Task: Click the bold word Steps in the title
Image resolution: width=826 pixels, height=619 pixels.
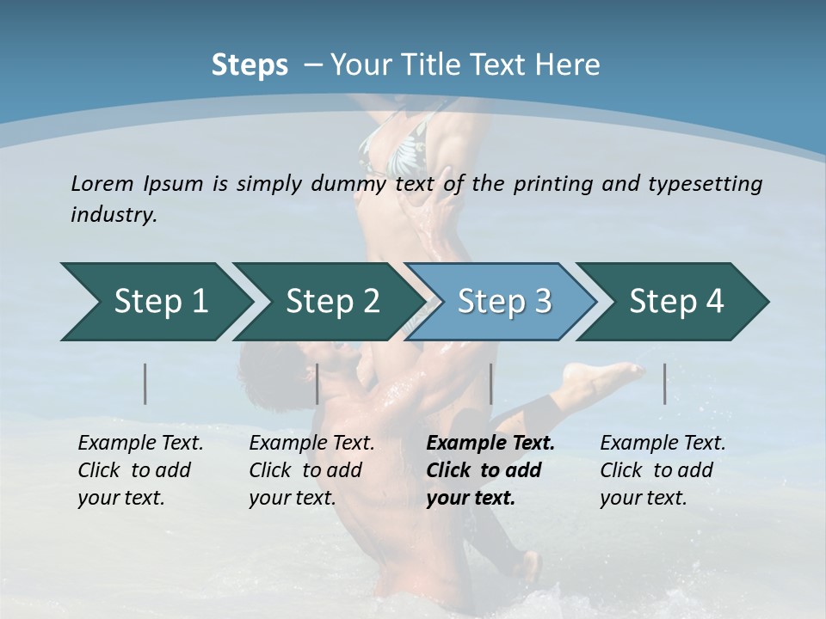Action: pos(250,65)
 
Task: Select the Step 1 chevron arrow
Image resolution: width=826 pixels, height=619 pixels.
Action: pos(155,302)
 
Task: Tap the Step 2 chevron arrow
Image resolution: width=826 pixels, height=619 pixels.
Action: pos(327,302)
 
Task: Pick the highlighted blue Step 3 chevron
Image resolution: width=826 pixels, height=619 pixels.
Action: pos(501,302)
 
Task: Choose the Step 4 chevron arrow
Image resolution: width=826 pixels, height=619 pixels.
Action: pos(674,302)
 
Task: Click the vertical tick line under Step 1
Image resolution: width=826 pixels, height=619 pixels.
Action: pos(145,383)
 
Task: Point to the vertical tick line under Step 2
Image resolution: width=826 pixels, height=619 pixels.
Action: pos(317,383)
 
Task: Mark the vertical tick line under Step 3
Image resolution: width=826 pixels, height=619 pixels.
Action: pos(491,383)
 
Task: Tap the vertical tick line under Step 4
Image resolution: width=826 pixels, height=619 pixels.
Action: pos(665,383)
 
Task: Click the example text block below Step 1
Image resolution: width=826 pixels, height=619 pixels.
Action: pos(140,470)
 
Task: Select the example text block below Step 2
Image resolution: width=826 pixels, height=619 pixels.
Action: pos(311,470)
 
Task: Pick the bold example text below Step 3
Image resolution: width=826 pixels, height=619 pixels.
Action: pos(490,470)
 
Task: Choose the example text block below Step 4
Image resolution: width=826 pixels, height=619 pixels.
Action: pos(663,470)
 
